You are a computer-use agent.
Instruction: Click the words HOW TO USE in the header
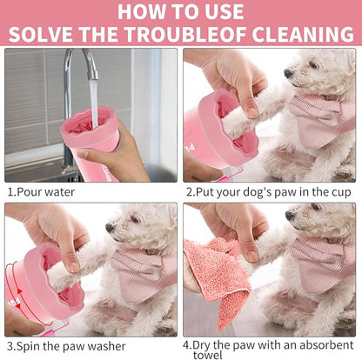click(181, 11)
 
